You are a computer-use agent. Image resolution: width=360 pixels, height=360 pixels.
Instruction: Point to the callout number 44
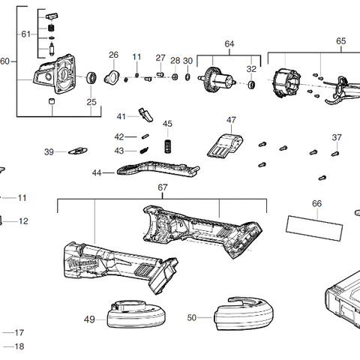tap(97, 172)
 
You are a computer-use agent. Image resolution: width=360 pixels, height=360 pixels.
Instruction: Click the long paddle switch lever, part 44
tap(157, 169)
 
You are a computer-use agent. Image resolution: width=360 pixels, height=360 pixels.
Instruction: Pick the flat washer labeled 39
tap(77, 152)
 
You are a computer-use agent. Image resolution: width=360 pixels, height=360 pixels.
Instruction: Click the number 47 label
tap(231, 119)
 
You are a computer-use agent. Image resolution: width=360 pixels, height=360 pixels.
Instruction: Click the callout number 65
tap(341, 41)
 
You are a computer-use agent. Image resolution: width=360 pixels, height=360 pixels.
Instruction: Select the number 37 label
tap(337, 137)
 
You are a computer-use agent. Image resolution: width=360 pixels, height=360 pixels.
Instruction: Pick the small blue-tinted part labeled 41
tap(145, 114)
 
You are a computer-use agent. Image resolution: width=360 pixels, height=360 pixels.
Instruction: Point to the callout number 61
tap(25, 34)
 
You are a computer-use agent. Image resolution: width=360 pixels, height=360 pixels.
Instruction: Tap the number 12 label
tap(22, 221)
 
